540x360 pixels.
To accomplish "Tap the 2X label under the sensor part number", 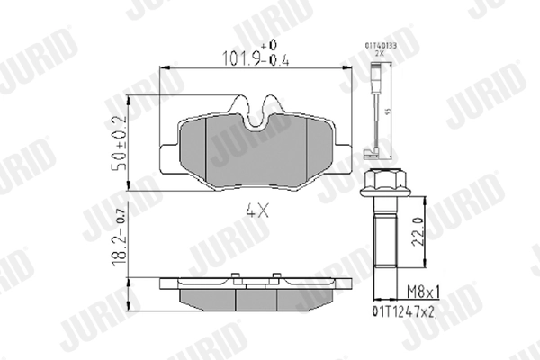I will [x=379, y=53].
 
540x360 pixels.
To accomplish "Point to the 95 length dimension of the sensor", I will [x=389, y=112].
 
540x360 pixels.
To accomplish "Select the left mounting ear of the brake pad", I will [x=168, y=157].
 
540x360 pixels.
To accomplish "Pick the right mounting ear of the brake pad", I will [x=342, y=157].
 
